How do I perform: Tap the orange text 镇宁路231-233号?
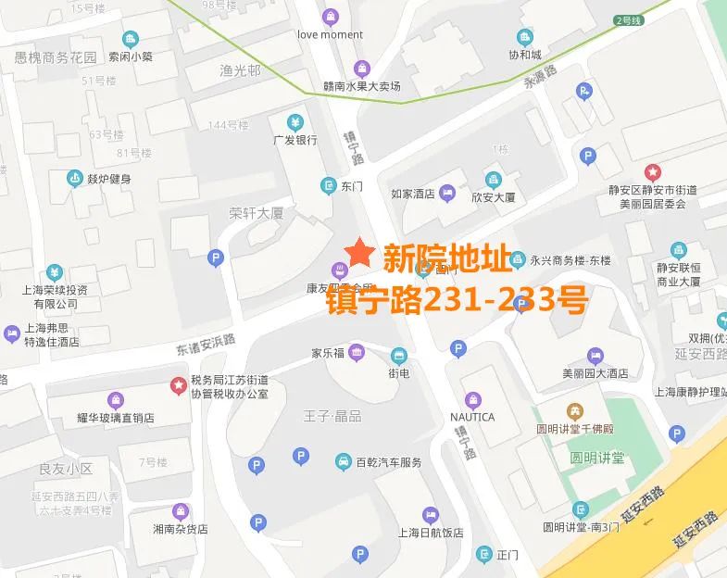(457, 300)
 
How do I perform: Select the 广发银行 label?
(295, 141)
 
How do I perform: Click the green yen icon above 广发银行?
(295, 122)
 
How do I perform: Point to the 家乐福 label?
(327, 353)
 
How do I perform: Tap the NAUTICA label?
(471, 417)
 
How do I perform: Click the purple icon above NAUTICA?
(471, 399)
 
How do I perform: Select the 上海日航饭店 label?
(430, 533)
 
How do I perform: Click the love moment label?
(330, 35)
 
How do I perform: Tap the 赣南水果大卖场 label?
(361, 86)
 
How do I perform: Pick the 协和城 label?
(524, 55)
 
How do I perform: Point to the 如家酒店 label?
(412, 195)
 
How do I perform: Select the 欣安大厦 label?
(493, 197)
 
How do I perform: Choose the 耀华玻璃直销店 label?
(115, 418)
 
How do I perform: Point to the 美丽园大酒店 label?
(595, 373)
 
